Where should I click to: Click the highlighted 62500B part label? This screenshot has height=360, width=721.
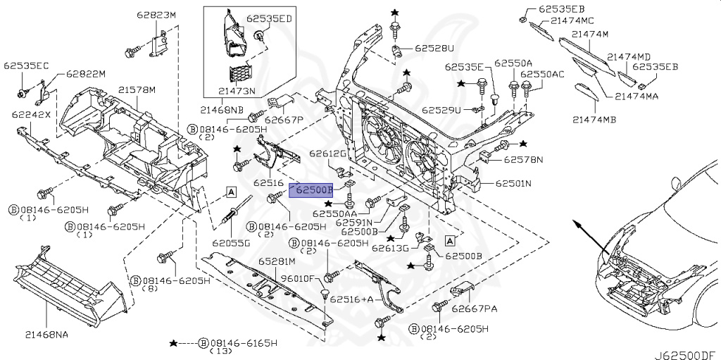click(314, 190)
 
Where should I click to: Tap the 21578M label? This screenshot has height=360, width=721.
click(137, 90)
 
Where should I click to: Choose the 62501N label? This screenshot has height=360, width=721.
click(513, 184)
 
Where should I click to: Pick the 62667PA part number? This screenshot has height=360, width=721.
click(475, 308)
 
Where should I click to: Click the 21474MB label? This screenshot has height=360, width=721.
click(593, 120)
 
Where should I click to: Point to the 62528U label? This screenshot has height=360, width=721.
click(434, 49)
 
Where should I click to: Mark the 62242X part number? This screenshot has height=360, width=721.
click(31, 113)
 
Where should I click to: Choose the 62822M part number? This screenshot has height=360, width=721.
click(86, 74)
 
